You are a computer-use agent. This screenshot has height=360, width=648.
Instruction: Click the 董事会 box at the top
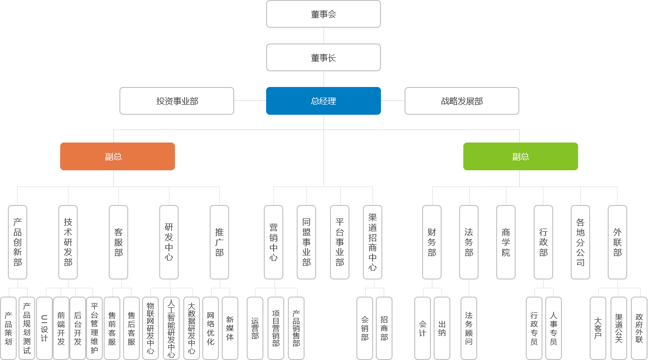(x=323, y=14)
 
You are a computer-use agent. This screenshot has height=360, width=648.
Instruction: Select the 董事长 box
(x=323, y=57)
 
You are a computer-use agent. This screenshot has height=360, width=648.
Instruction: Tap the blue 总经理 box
(x=323, y=100)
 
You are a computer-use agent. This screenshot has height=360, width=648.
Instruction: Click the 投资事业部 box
(x=177, y=100)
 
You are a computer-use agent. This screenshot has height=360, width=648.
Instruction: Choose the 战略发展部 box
(x=461, y=100)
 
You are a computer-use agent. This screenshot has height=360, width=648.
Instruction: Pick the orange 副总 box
(x=117, y=156)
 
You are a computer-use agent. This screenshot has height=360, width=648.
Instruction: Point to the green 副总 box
(x=520, y=156)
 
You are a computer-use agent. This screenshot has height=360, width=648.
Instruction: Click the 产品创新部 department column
(x=18, y=242)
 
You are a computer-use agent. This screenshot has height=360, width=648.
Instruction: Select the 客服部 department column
(x=118, y=242)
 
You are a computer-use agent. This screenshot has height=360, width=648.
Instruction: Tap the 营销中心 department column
(x=273, y=242)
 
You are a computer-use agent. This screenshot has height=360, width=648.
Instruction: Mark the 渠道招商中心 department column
(x=373, y=242)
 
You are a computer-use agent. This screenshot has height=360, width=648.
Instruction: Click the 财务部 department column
(x=432, y=242)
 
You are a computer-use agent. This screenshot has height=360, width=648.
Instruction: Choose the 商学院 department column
(x=505, y=242)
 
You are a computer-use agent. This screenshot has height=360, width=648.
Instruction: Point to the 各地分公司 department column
(x=580, y=242)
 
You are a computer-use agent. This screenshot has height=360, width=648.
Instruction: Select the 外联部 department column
(x=617, y=242)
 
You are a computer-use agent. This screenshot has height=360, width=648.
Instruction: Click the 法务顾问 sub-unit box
(x=469, y=328)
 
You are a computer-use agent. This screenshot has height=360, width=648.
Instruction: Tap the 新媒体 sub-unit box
(x=230, y=328)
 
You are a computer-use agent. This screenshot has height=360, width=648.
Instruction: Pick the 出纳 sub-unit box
(x=442, y=328)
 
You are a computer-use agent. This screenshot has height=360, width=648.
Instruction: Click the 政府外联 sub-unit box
(x=639, y=328)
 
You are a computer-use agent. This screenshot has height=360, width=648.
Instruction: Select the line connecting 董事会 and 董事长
(x=324, y=36)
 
